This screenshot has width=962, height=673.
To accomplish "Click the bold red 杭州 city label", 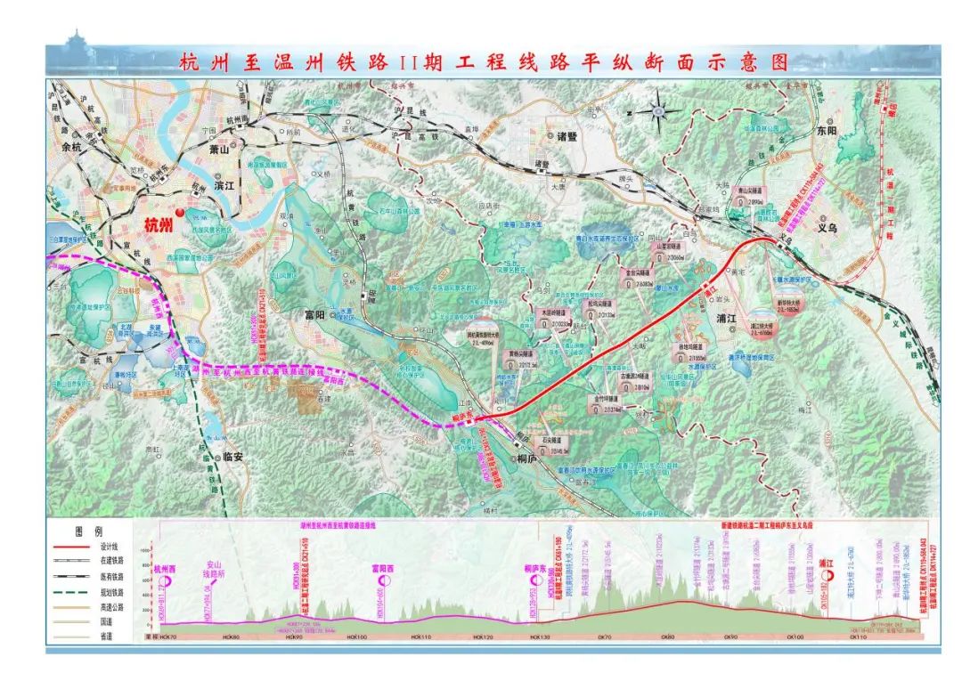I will [x=159, y=224].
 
